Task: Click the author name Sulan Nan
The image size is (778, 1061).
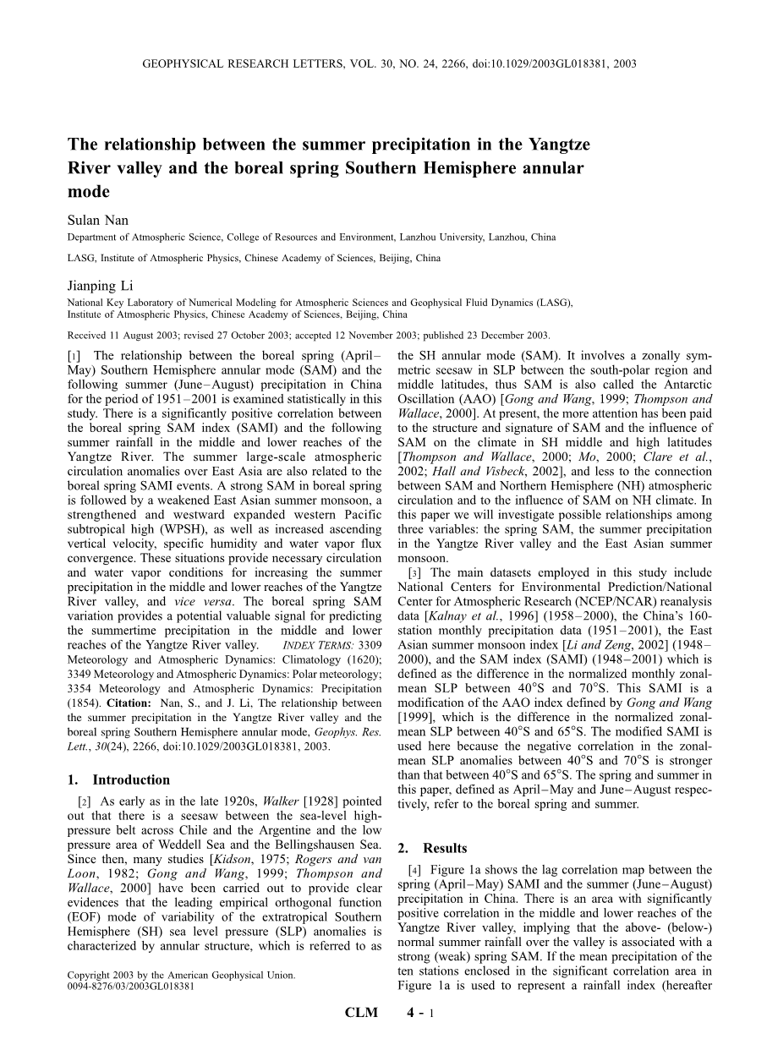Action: click(x=98, y=221)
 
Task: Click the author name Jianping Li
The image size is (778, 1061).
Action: click(x=101, y=287)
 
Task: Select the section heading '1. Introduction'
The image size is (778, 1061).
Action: click(x=118, y=780)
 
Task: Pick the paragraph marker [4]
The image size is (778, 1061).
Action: click(x=415, y=870)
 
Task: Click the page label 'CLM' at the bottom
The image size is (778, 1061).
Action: click(x=360, y=1036)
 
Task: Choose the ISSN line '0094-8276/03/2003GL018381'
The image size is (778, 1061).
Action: click(x=131, y=987)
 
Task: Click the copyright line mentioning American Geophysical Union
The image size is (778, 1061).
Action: click(x=181, y=976)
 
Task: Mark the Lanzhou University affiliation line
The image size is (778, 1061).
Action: click(x=311, y=238)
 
